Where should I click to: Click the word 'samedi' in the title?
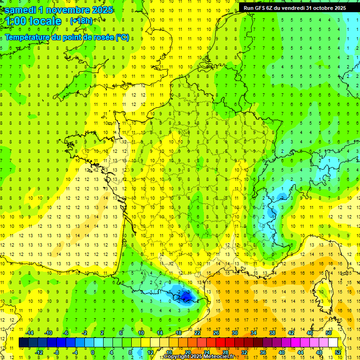[21, 10]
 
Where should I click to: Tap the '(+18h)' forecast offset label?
[81, 21]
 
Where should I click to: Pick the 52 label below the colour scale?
[338, 352]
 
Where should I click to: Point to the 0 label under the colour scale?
[93, 352]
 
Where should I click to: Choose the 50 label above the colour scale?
[329, 333]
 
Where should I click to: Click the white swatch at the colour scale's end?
[333, 343]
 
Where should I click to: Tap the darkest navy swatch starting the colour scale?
[23, 343]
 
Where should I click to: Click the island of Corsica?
[322, 291]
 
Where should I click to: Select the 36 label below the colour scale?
[262, 352]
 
